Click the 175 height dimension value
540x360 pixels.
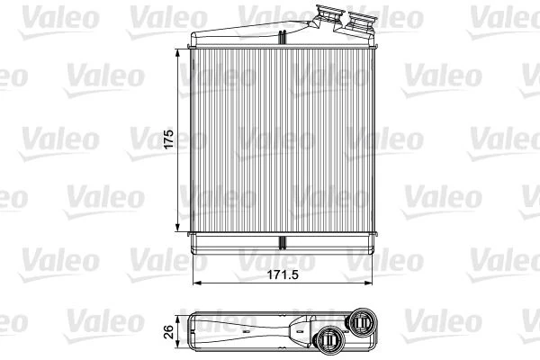(x=167, y=142)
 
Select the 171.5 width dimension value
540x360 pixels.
(x=283, y=271)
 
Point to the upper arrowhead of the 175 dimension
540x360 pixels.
(x=176, y=50)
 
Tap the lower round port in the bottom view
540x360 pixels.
(x=329, y=340)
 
